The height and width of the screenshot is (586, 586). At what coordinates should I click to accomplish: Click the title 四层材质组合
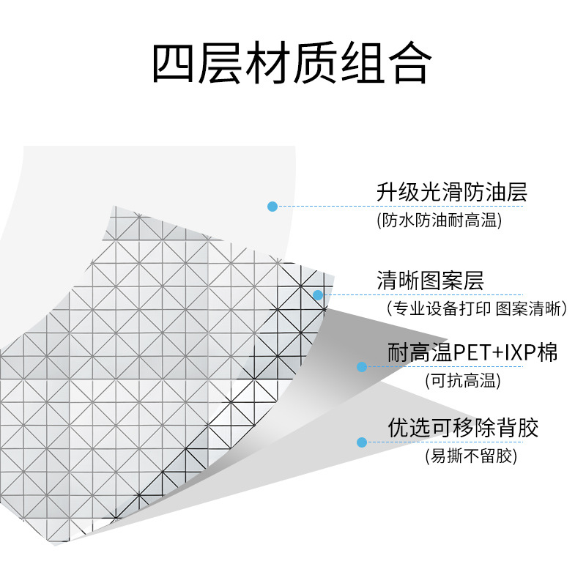pos(291,64)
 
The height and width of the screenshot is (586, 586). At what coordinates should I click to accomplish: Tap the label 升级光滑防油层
pos(451,193)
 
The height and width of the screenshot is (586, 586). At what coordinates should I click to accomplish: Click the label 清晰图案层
pos(430,281)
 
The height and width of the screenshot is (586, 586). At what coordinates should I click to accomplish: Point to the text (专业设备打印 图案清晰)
pos(477,308)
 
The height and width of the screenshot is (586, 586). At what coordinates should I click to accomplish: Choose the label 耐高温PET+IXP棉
pos(472,352)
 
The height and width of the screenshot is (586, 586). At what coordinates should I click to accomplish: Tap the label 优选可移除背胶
pos(463,427)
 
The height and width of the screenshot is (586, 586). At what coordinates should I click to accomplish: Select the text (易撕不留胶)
pos(471,456)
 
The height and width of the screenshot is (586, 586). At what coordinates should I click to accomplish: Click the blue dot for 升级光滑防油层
pos(272,207)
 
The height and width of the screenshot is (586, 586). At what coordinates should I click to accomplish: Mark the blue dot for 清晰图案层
pos(318,295)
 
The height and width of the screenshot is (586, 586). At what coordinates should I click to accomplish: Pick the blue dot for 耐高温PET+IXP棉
pos(361,366)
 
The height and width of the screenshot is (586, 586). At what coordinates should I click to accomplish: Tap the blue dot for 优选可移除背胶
pos(361,442)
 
